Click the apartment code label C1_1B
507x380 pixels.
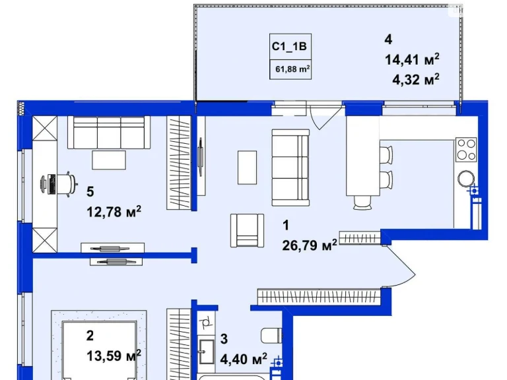(x=289, y=47)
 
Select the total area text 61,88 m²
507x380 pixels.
(x=292, y=69)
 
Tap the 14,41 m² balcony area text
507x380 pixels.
(x=412, y=59)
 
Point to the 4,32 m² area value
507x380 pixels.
(x=416, y=79)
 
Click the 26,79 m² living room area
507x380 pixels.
(x=310, y=245)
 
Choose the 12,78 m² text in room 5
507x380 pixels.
(x=114, y=212)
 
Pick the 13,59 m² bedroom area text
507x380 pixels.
(x=114, y=356)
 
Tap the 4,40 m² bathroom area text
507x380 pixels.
(x=244, y=359)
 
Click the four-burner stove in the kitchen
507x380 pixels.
(x=466, y=150)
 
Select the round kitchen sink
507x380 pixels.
(x=466, y=179)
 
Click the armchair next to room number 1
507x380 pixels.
(x=247, y=230)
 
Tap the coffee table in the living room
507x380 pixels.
(x=247, y=168)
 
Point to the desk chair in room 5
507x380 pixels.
(x=68, y=184)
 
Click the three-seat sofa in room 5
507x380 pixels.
(x=109, y=133)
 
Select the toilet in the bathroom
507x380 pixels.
(x=271, y=336)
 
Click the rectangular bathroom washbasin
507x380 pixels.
(x=206, y=351)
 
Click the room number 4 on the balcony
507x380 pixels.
(x=388, y=40)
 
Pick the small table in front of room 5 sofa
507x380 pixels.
(x=109, y=160)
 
